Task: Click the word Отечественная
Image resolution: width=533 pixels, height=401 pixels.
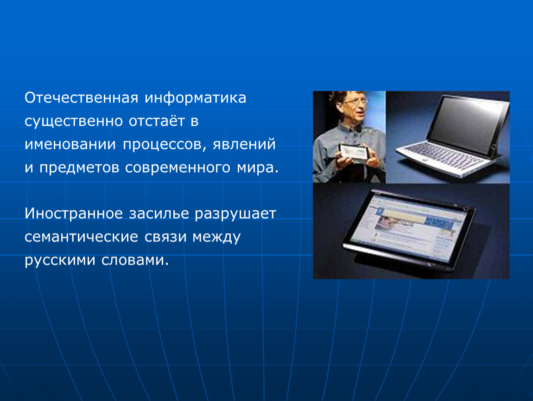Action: click(x=81, y=97)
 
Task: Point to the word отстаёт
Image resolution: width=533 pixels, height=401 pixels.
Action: click(x=157, y=121)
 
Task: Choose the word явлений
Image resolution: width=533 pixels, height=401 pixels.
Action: click(x=244, y=144)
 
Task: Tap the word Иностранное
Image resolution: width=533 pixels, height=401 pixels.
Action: click(x=74, y=214)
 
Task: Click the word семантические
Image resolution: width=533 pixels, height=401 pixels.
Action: click(x=82, y=237)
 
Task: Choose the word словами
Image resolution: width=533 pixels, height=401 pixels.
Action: click(x=135, y=260)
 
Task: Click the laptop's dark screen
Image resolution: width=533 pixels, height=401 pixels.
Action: click(x=467, y=124)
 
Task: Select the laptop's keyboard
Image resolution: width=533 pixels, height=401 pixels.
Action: click(x=443, y=156)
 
